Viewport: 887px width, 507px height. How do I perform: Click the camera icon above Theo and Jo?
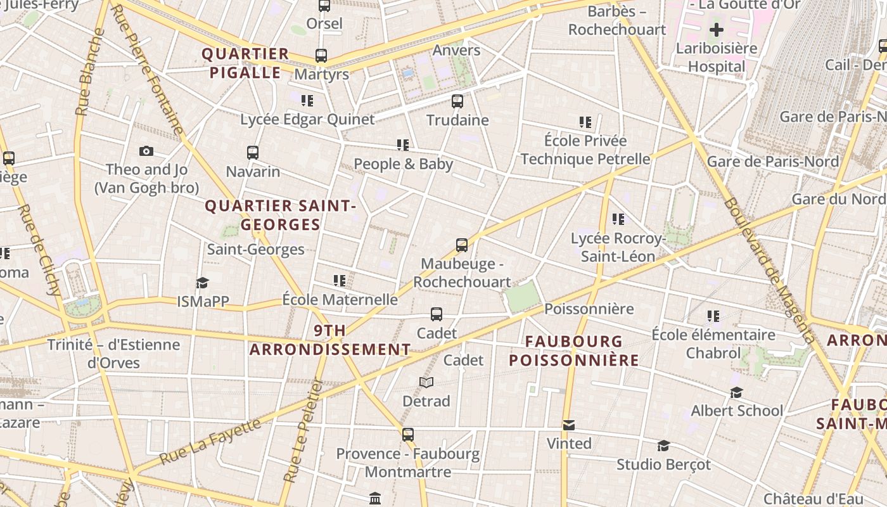[146, 151]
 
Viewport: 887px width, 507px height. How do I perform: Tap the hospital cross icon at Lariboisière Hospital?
[716, 30]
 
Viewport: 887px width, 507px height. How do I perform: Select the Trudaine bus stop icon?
[457, 101]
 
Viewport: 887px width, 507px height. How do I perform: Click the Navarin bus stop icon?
[253, 153]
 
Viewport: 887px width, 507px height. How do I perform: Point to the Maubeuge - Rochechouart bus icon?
[462, 245]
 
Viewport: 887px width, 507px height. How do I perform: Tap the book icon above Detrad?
[426, 382]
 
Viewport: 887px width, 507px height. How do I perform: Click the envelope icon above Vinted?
[569, 425]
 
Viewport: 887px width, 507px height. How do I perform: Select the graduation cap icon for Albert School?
[736, 392]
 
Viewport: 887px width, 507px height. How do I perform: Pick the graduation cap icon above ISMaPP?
[202, 283]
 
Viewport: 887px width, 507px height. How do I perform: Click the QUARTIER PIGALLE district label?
[245, 63]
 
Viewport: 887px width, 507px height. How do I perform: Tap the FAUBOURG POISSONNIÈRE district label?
[574, 351]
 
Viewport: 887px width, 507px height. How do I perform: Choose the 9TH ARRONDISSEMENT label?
[330, 340]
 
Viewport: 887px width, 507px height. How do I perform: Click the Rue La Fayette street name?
[210, 442]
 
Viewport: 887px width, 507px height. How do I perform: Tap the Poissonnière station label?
[589, 309]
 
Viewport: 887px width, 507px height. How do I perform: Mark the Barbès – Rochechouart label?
[616, 20]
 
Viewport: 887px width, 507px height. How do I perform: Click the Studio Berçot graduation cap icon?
[663, 446]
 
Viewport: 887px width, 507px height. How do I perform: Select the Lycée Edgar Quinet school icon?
[307, 101]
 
